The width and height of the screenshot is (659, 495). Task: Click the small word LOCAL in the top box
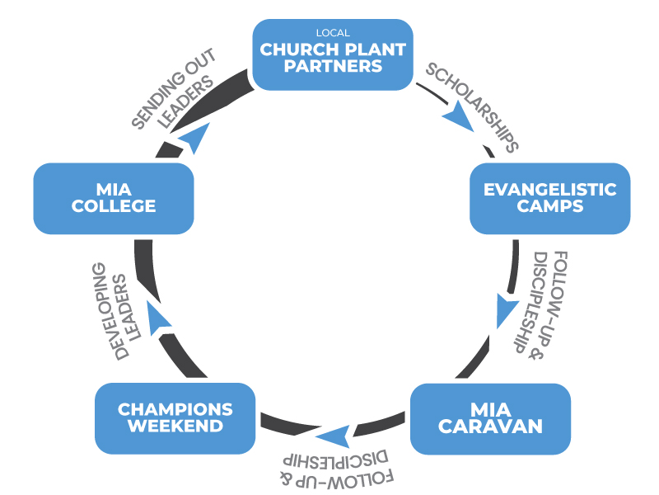click(x=333, y=33)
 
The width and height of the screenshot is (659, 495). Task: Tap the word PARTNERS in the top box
click(x=333, y=65)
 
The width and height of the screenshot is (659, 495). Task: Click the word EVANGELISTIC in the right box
click(x=549, y=190)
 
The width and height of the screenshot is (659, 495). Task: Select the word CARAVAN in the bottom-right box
click(x=489, y=427)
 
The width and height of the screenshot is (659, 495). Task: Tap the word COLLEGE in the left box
click(x=114, y=206)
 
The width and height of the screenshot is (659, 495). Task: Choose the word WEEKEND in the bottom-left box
click(x=175, y=426)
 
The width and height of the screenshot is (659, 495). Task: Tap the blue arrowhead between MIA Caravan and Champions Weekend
click(x=333, y=437)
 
